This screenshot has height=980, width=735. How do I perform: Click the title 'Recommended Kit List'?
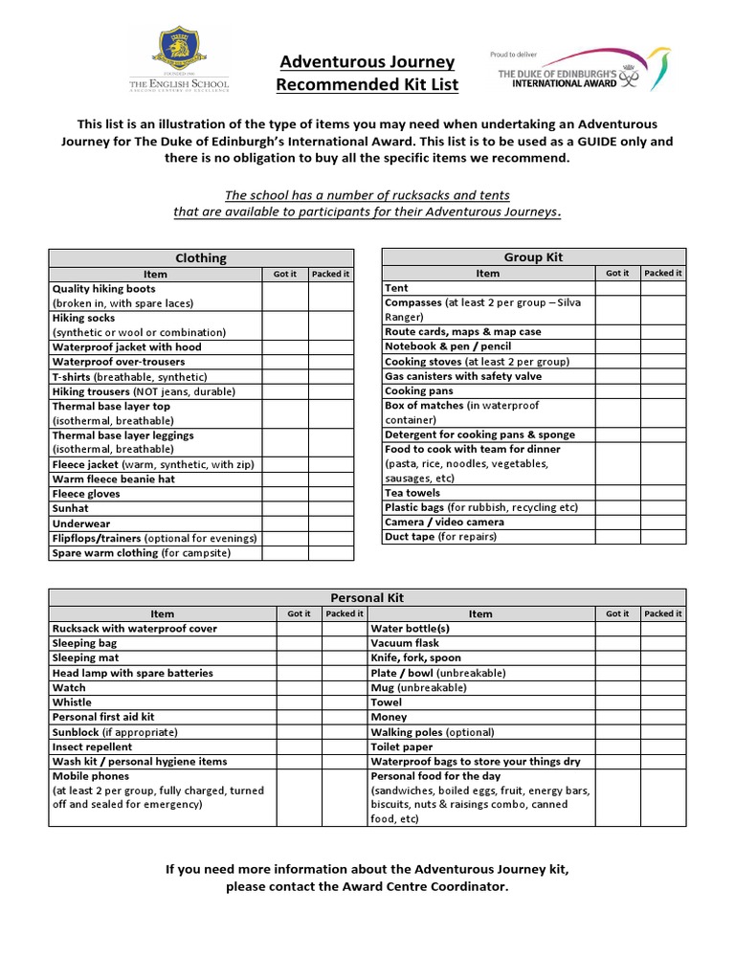tap(367, 85)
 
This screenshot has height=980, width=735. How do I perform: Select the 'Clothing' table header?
tap(201, 257)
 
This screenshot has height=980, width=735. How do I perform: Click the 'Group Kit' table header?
tap(533, 256)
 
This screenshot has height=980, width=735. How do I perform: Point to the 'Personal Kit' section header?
tap(367, 597)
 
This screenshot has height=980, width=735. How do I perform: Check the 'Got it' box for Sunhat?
tap(285, 509)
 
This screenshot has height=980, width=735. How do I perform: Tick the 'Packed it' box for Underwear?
tap(331, 523)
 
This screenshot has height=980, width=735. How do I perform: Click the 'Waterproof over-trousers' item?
tap(119, 362)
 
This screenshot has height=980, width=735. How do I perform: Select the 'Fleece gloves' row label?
tap(86, 494)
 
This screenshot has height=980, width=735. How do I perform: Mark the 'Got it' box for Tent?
tap(617, 288)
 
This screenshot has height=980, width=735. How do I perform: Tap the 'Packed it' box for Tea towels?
tap(662, 493)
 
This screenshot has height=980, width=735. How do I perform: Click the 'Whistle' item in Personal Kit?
tap(72, 702)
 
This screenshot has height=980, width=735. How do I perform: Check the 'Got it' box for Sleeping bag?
tap(299, 643)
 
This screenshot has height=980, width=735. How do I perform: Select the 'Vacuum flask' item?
tap(405, 643)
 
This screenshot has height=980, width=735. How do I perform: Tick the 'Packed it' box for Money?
tap(662, 717)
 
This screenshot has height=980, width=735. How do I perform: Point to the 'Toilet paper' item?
tap(402, 746)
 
